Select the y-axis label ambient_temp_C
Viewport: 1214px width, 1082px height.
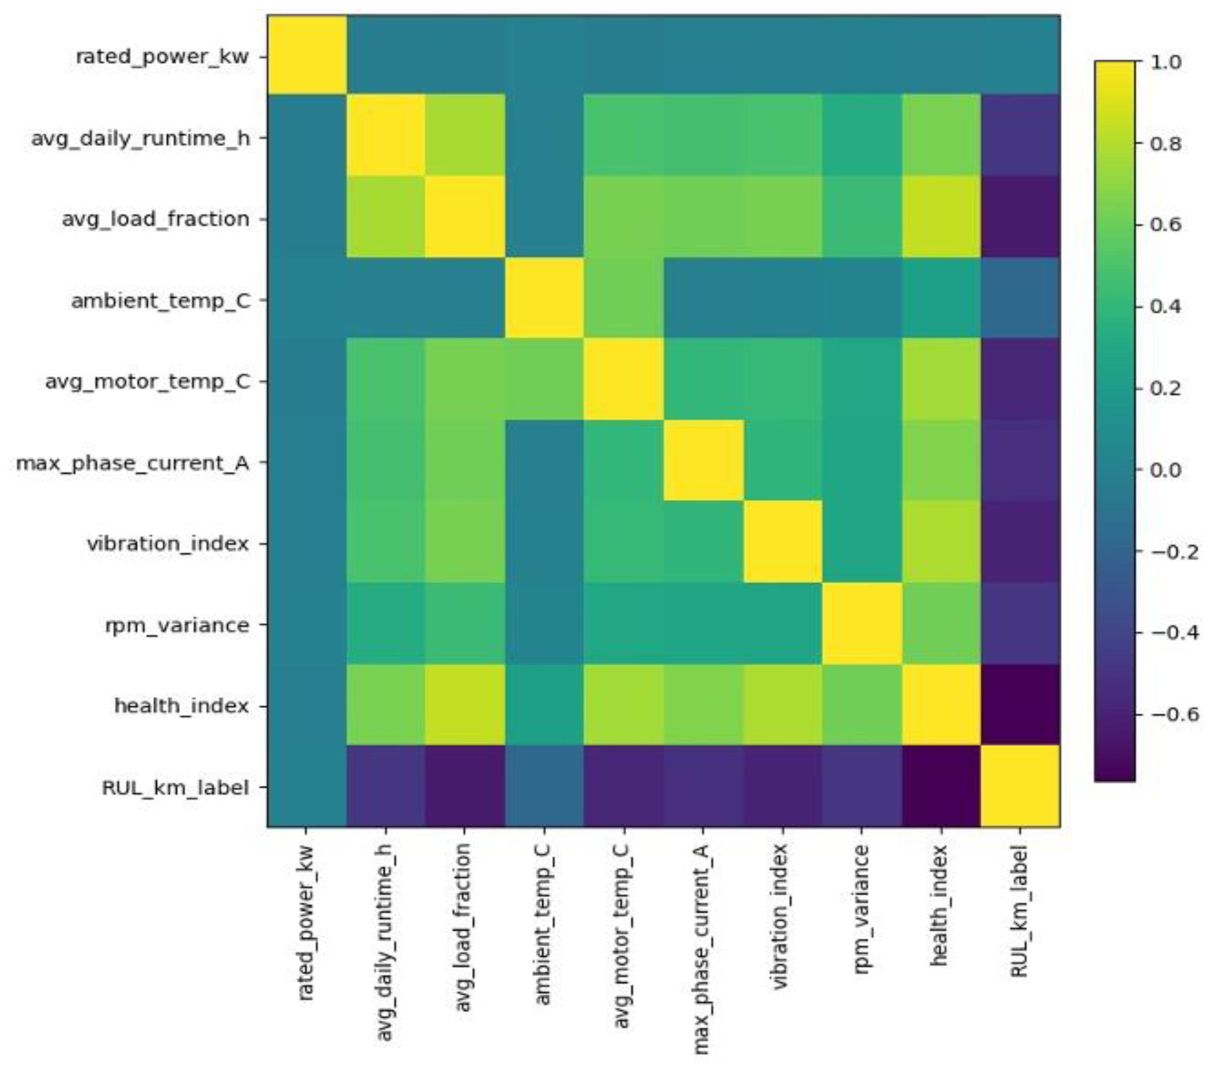(x=160, y=301)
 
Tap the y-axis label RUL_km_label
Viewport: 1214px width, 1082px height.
(x=175, y=788)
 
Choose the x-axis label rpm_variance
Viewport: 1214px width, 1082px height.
(x=861, y=909)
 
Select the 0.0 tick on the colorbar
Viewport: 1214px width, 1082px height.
(x=1166, y=470)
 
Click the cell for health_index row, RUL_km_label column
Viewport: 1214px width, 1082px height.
(x=1020, y=704)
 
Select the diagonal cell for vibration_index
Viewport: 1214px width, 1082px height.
(x=782, y=542)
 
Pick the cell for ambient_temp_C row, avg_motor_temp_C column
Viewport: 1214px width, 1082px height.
(x=623, y=299)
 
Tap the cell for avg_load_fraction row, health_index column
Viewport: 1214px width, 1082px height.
(x=941, y=217)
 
